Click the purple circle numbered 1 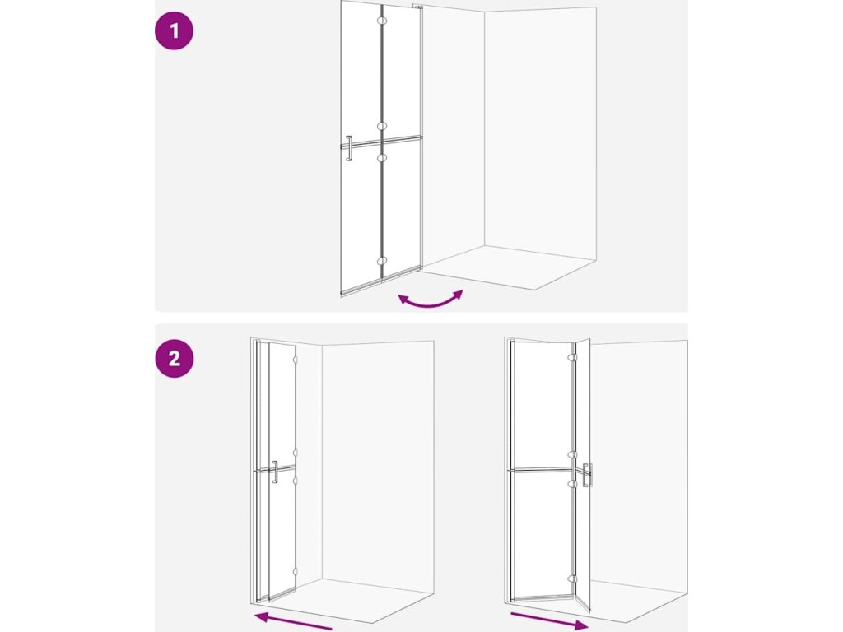point(174,30)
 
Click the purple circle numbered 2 point(174,359)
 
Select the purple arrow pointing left point(294,621)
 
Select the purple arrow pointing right point(549,620)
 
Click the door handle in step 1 point(348,148)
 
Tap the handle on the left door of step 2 point(275,472)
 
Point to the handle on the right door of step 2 point(587,475)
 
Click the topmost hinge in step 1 point(382,21)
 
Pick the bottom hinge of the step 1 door point(382,261)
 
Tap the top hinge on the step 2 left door point(295,360)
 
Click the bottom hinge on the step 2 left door point(295,572)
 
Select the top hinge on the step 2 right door point(573,357)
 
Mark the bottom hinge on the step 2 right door point(573,579)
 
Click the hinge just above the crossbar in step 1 point(382,126)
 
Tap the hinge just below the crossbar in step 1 point(382,158)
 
